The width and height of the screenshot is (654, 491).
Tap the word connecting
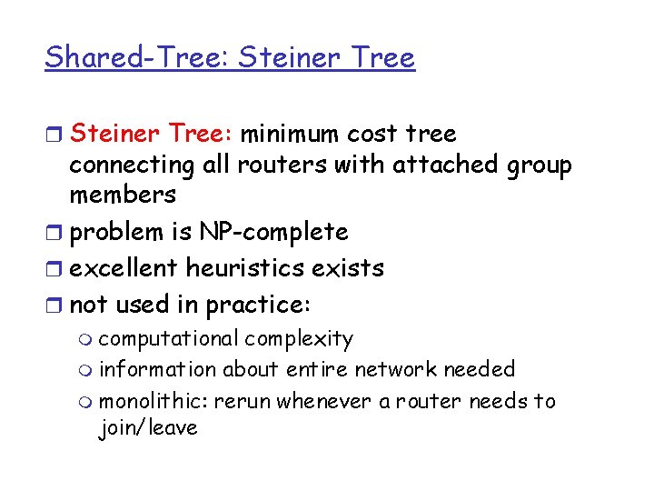pos(132,165)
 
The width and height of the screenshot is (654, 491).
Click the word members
pos(123,195)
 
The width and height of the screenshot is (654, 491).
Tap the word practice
pos(256,305)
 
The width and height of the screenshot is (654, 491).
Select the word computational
pos(168,339)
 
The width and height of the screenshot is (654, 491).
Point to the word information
pos(157,369)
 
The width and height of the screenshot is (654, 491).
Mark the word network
pos(396,369)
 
